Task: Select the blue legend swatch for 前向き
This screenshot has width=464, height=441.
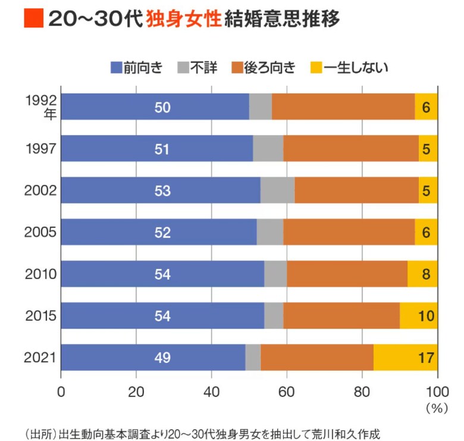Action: coord(116,67)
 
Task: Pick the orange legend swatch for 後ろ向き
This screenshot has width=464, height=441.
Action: coord(244,67)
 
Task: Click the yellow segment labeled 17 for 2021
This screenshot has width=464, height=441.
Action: coord(406,358)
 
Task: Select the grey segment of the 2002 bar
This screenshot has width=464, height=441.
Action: coord(277,190)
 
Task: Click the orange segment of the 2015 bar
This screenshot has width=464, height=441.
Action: coord(341,316)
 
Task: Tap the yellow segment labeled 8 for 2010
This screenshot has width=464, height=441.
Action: coord(422,274)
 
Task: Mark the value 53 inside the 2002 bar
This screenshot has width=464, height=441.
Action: coord(162,191)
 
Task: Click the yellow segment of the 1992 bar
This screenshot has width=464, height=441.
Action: coord(426,107)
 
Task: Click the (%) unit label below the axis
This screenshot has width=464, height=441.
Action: coord(437,409)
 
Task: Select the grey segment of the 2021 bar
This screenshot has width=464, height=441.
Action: coord(253,358)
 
